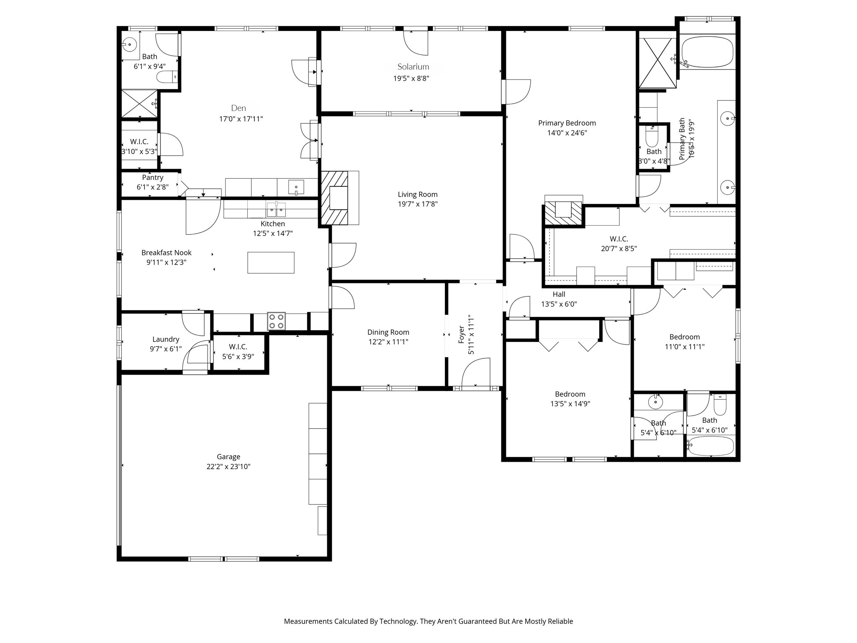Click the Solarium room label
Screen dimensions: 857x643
(413, 67)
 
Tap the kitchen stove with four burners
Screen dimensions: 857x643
(276, 321)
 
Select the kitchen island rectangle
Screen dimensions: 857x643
(271, 262)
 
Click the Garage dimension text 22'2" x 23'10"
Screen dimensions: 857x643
(228, 467)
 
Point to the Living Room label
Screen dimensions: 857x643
(418, 194)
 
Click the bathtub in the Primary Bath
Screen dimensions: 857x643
(707, 52)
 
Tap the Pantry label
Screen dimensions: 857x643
(152, 177)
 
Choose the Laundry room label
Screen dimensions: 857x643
(166, 339)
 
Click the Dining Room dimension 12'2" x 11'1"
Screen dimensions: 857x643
(388, 342)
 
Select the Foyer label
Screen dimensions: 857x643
(462, 334)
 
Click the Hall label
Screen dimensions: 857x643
(559, 294)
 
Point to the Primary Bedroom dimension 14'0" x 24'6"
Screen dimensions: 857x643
(567, 133)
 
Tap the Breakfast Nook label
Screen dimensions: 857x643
(167, 252)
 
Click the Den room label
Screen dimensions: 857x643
(239, 108)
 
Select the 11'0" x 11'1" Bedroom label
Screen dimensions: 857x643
(685, 337)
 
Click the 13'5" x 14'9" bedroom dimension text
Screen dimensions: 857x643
(570, 404)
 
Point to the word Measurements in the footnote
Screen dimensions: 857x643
(308, 621)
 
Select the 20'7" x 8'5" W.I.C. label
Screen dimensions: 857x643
(619, 239)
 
